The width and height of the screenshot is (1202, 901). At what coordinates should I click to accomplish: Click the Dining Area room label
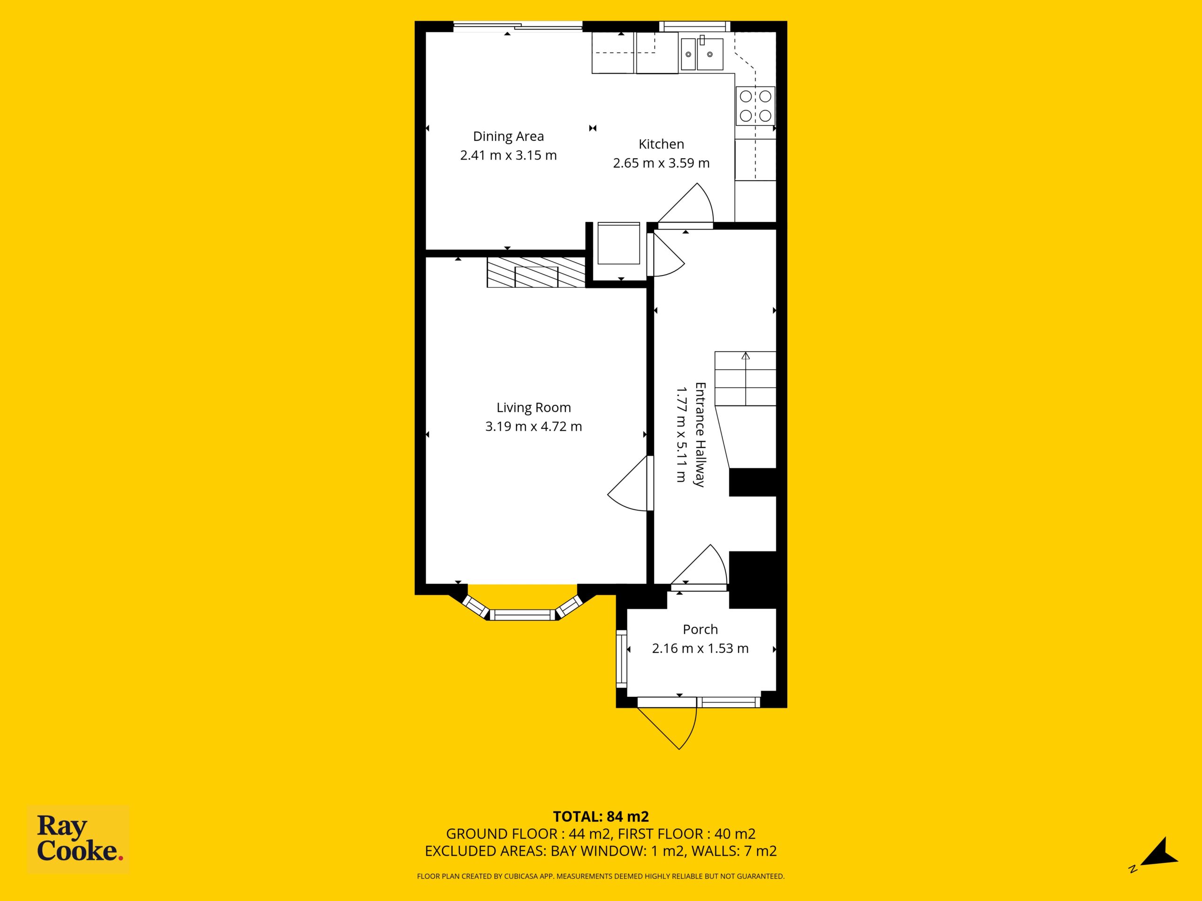(508, 136)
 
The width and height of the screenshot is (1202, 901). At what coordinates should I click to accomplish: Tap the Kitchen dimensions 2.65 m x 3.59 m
(661, 163)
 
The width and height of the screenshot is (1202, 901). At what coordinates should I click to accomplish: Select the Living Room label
(533, 407)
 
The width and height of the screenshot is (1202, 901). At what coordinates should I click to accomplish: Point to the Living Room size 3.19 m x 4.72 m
(533, 426)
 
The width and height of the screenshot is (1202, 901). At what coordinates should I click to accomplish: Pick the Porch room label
(701, 629)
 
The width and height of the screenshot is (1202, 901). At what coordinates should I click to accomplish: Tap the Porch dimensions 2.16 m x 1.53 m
(701, 648)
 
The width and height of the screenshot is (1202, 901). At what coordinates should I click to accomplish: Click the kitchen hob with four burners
(755, 106)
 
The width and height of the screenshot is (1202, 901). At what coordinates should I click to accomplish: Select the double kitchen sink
(702, 54)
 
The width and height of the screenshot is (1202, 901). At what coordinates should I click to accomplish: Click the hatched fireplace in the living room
(536, 272)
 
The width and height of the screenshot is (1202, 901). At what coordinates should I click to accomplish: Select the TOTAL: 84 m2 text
(601, 816)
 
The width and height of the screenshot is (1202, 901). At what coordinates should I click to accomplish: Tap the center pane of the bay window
(523, 615)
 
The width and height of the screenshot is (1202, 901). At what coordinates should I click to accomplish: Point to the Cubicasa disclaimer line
(601, 876)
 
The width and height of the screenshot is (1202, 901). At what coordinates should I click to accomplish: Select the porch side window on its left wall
(621, 659)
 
